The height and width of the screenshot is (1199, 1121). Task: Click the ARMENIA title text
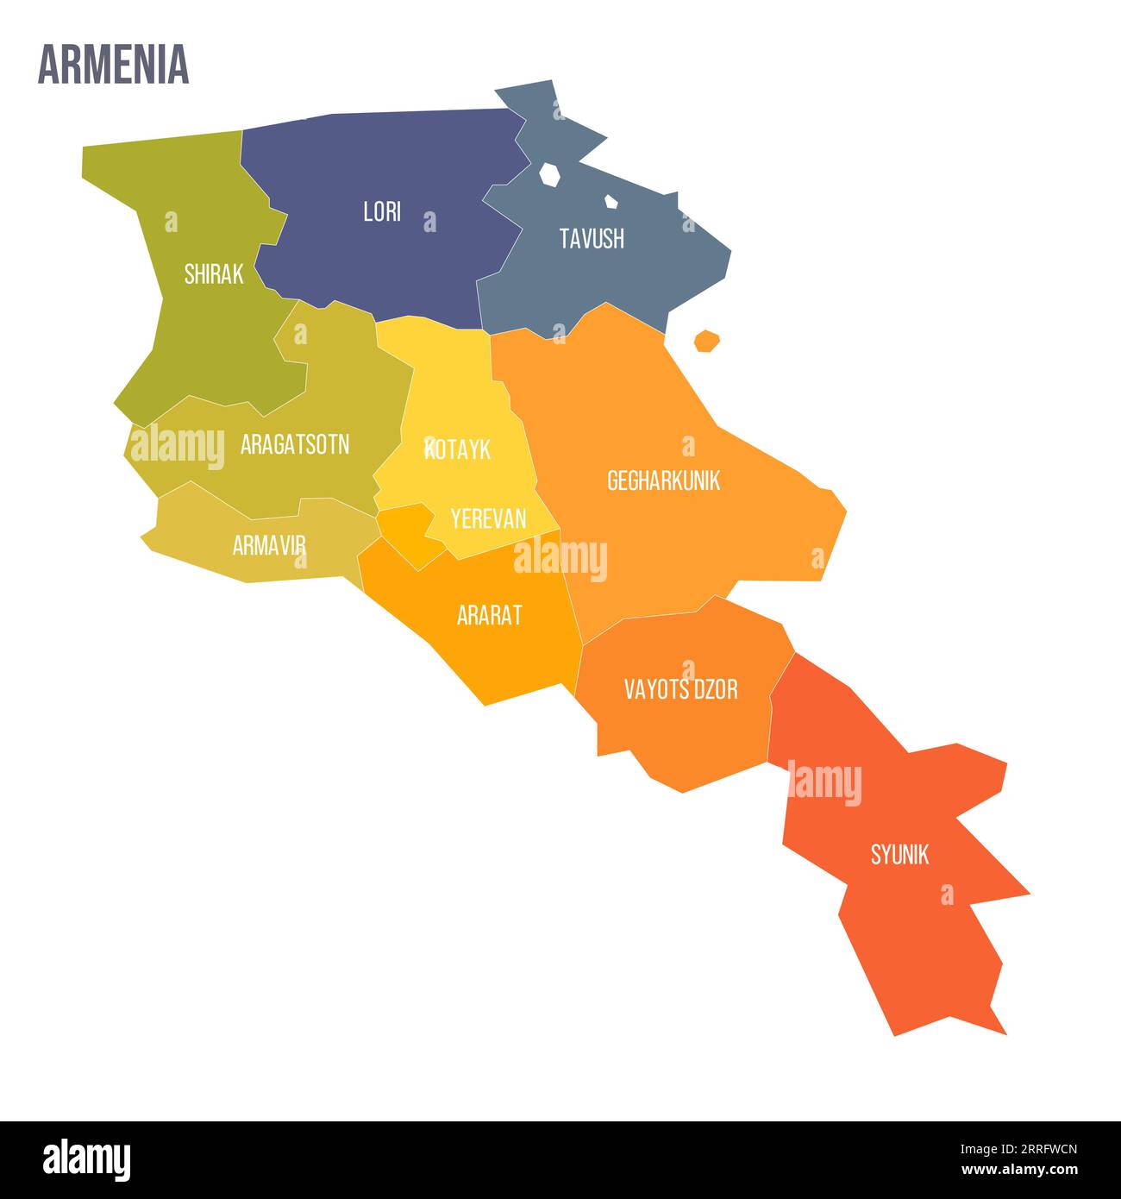pyautogui.click(x=113, y=65)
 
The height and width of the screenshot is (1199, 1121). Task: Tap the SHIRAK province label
pyautogui.click(x=214, y=274)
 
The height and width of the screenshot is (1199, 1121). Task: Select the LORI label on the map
pyautogui.click(x=382, y=212)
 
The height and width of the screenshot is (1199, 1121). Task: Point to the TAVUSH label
pyautogui.click(x=592, y=239)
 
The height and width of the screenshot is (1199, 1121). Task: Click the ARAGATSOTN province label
pyautogui.click(x=295, y=445)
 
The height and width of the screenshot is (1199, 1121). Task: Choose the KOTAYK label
pyautogui.click(x=458, y=449)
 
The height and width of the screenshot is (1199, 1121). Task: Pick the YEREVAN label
pyautogui.click(x=488, y=518)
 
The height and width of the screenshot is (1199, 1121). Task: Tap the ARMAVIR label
pyautogui.click(x=269, y=545)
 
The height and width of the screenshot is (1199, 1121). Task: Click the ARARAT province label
pyautogui.click(x=489, y=615)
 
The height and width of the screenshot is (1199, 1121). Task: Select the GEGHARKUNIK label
pyautogui.click(x=663, y=480)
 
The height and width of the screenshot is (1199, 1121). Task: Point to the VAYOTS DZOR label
pyautogui.click(x=680, y=689)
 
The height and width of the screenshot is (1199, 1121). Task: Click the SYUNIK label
pyautogui.click(x=899, y=855)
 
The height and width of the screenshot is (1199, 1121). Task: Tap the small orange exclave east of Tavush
pyautogui.click(x=707, y=341)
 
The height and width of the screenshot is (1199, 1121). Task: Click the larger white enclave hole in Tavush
pyautogui.click(x=549, y=174)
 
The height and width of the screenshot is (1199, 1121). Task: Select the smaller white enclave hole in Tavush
pyautogui.click(x=611, y=202)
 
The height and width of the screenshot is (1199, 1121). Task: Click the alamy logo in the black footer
pyautogui.click(x=86, y=1160)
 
